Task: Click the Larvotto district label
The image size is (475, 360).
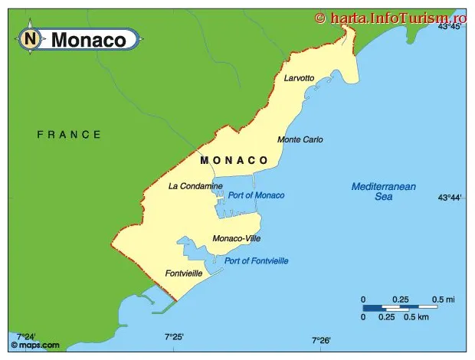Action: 299,78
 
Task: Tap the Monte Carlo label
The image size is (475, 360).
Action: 300,139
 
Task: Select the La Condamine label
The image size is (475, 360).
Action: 195,186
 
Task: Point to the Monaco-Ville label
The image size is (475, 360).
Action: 237,238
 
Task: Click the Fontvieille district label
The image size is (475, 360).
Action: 184,273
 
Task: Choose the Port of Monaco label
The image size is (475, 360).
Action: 256,195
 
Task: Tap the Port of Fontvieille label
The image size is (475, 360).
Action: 256,261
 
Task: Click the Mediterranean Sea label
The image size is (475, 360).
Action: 383,191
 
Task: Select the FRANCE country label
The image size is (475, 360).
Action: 69,135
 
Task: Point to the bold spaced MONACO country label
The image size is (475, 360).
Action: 234,161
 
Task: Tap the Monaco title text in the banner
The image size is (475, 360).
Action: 88,40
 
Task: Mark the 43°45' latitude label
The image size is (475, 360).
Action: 450,26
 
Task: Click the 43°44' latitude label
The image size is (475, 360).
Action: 450,198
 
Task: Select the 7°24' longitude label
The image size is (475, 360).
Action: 26,336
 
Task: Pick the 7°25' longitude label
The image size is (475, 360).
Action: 174,336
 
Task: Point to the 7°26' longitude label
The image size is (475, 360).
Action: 320,340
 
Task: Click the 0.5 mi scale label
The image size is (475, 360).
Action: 444,299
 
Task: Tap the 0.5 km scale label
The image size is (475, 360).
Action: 416,317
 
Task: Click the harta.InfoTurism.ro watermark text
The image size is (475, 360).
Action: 391,17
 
